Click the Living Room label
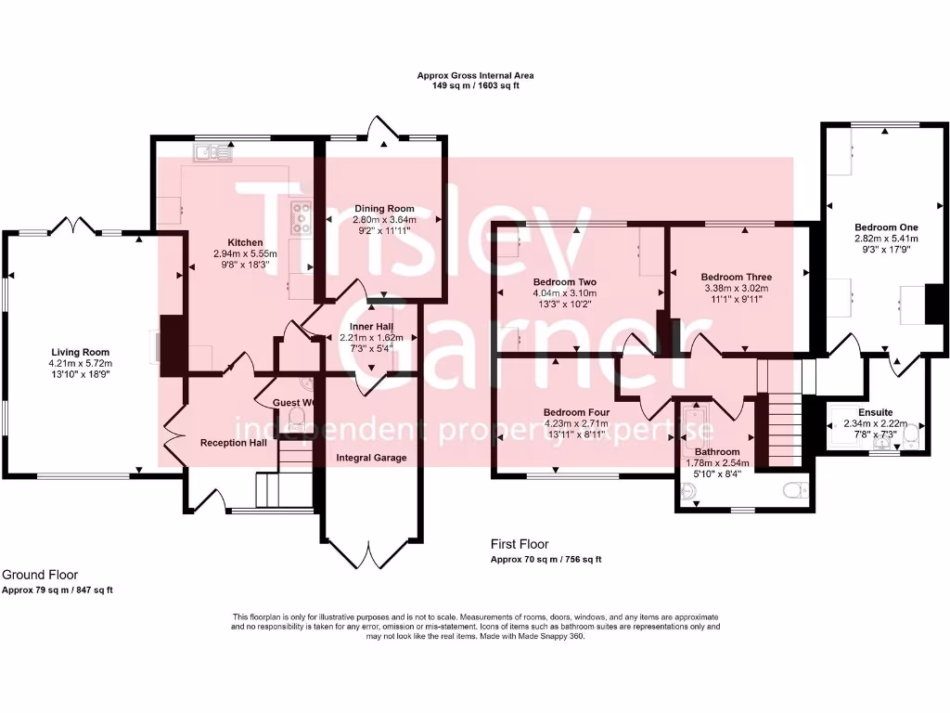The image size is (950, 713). pos(80,352)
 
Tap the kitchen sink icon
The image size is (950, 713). pos(213,151)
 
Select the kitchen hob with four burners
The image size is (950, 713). pos(302,217)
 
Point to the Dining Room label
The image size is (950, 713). pos(384,209)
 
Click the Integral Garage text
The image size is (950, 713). pos(371,458)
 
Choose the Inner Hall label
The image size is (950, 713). pos(371,326)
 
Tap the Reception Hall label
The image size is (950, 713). pos(234,443)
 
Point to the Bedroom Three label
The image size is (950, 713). pos(736,277)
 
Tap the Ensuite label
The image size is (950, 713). pos(876,411)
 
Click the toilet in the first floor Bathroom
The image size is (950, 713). pos(793,489)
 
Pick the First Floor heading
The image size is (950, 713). pos(520,545)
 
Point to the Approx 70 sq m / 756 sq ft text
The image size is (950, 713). pos(546,560)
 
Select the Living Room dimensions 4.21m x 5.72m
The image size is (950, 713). pos(80,363)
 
